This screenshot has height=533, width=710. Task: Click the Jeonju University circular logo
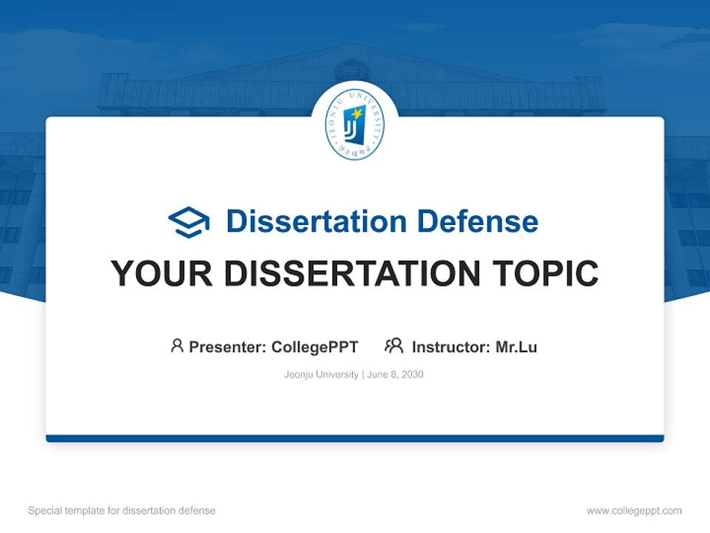point(354,124)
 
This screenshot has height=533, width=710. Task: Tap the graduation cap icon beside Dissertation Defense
point(189,222)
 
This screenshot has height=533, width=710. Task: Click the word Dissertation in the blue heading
point(317,221)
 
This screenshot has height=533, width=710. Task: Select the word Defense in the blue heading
point(477,221)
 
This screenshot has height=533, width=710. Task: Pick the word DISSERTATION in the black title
point(352,273)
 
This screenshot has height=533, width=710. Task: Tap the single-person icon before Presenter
point(177,346)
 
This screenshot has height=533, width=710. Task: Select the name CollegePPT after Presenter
point(315,347)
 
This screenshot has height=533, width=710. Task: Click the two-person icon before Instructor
point(394,346)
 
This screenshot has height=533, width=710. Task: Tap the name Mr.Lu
point(516,347)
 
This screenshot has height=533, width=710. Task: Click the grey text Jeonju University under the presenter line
point(321,375)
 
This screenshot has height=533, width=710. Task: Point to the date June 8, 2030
point(395,375)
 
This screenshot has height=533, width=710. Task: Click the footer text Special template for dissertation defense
point(122,511)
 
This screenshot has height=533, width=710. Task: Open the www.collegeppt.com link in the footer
point(634,511)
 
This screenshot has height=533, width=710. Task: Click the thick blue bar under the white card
point(355,438)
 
